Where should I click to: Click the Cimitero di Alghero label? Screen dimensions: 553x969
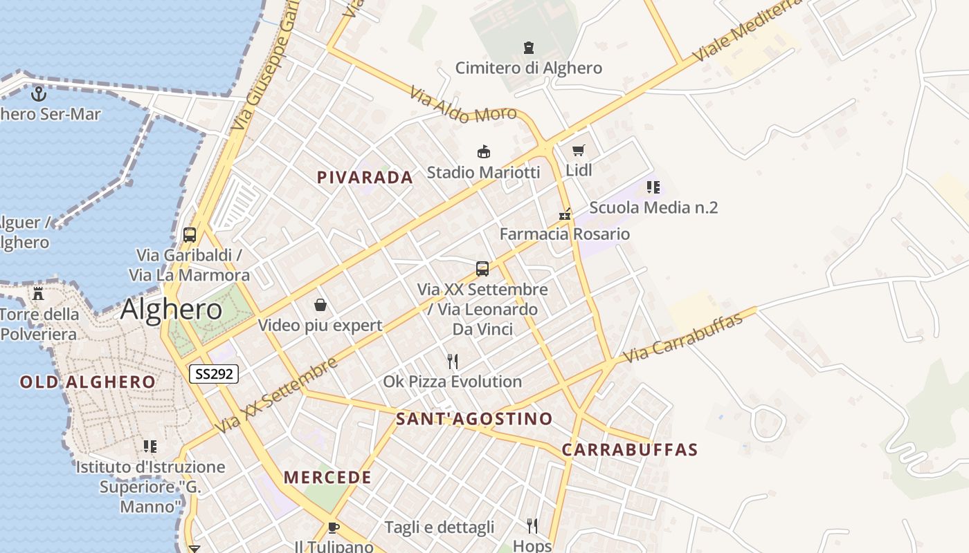tap(528, 68)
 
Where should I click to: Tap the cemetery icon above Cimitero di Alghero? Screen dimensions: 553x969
tap(529, 48)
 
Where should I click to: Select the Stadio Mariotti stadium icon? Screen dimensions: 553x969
tap(483, 151)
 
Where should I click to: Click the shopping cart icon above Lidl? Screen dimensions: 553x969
tap(579, 150)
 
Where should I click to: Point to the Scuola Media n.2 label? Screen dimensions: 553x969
tap(653, 207)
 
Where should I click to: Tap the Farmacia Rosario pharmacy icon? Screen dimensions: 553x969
tap(565, 214)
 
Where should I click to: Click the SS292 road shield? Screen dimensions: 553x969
tap(214, 374)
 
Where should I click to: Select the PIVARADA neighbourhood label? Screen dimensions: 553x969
tap(365, 178)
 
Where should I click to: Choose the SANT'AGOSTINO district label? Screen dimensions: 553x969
tap(474, 418)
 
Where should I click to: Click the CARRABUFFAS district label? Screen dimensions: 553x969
tap(629, 449)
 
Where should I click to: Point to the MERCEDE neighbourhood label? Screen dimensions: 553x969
tap(327, 477)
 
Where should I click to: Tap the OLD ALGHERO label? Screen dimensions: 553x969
tap(88, 382)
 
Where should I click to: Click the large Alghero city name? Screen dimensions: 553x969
tap(171, 310)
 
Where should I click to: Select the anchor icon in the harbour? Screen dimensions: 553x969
tap(39, 93)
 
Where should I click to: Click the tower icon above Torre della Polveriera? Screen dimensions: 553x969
tap(38, 294)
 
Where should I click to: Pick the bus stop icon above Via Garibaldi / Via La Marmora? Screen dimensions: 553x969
tap(189, 235)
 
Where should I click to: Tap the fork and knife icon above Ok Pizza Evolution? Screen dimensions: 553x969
tap(453, 361)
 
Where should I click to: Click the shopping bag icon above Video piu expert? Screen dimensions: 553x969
tap(320, 305)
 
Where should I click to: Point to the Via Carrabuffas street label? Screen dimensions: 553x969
tap(682, 338)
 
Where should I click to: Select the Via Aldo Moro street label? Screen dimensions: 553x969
tap(462, 104)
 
